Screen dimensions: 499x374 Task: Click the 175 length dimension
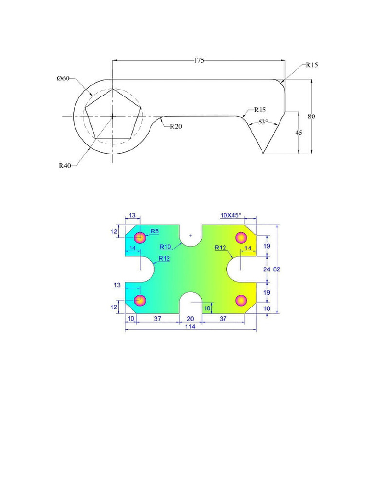pyautogui.click(x=199, y=60)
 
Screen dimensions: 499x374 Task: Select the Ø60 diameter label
pyautogui.click(x=63, y=78)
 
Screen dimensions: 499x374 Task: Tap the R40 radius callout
pyautogui.click(x=65, y=165)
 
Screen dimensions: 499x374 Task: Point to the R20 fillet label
pyautogui.click(x=176, y=126)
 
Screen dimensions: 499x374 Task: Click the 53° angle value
pyautogui.click(x=263, y=123)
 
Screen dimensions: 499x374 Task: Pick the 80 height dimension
pyautogui.click(x=311, y=116)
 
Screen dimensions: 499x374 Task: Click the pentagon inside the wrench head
pyautogui.click(x=113, y=115)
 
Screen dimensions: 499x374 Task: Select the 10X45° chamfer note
pyautogui.click(x=231, y=215)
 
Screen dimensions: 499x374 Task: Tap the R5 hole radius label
pyautogui.click(x=155, y=231)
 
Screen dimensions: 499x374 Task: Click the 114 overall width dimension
pyautogui.click(x=189, y=327)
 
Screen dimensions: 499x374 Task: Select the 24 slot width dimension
pyautogui.click(x=266, y=269)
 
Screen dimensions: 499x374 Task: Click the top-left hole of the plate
pyautogui.click(x=140, y=238)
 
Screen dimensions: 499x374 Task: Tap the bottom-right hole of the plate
pyautogui.click(x=241, y=300)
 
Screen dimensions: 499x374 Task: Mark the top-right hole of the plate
pyautogui.click(x=241, y=238)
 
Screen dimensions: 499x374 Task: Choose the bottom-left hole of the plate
pyautogui.click(x=140, y=300)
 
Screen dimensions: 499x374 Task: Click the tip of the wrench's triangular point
pyautogui.click(x=263, y=154)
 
